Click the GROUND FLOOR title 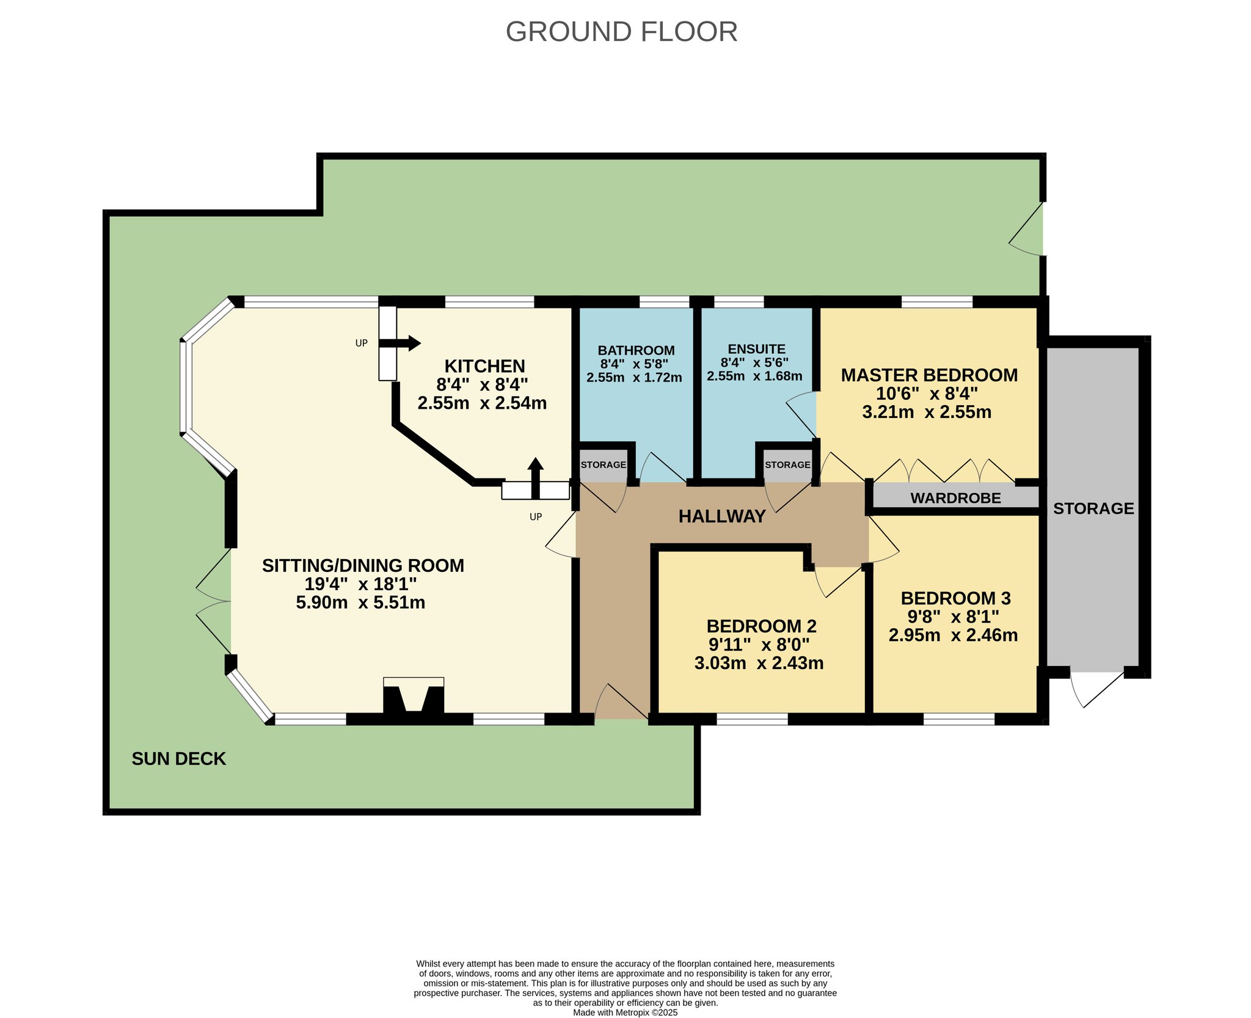(x=621, y=32)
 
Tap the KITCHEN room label (x=484, y=366)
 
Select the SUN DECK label (x=179, y=759)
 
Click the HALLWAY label (x=722, y=516)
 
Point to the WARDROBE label (x=955, y=498)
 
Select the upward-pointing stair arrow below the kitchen (x=536, y=478)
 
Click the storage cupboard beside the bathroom (x=604, y=464)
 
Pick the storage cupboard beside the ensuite (x=787, y=464)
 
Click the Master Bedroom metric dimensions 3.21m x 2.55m (x=927, y=412)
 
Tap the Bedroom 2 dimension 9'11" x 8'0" (x=759, y=645)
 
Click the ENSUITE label (x=756, y=349)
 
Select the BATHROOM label (x=636, y=350)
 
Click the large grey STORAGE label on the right (x=1093, y=508)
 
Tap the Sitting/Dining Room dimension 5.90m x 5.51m (x=360, y=602)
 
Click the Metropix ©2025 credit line (x=625, y=1013)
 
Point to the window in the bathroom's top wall (x=665, y=302)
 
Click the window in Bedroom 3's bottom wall (x=959, y=719)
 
